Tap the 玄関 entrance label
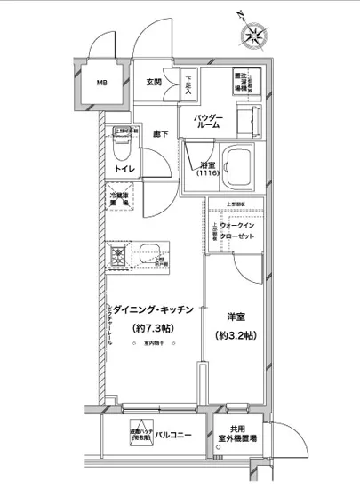coord(153,83)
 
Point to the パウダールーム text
coord(209,123)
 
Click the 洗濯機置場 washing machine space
coord(240,82)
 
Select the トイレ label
coord(124,169)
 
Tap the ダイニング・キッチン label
coord(151,309)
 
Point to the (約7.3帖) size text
coord(152,329)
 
